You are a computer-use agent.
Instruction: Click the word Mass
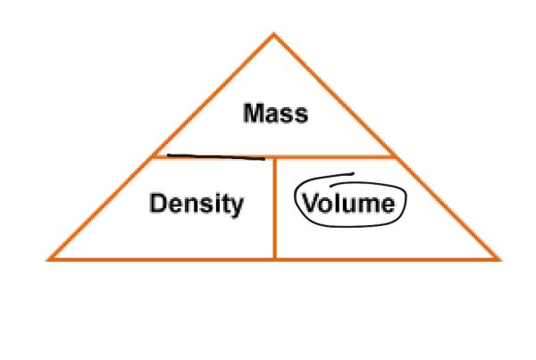point(275,114)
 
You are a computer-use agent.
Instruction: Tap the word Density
point(196,205)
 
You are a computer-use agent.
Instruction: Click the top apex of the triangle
point(274,34)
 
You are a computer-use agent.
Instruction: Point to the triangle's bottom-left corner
point(49,259)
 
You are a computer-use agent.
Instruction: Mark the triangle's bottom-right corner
point(498,259)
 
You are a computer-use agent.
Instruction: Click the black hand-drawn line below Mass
point(216,157)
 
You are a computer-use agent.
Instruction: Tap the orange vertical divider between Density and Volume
point(274,208)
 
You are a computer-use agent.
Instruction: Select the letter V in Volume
point(311,205)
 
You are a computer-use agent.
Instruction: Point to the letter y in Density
point(237,207)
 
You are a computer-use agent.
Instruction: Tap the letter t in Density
point(227,205)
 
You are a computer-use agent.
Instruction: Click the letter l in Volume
point(335,204)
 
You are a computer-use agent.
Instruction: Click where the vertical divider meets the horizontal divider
point(274,157)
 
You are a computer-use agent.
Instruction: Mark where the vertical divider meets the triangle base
point(274,259)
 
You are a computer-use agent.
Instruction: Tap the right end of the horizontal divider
point(396,157)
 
